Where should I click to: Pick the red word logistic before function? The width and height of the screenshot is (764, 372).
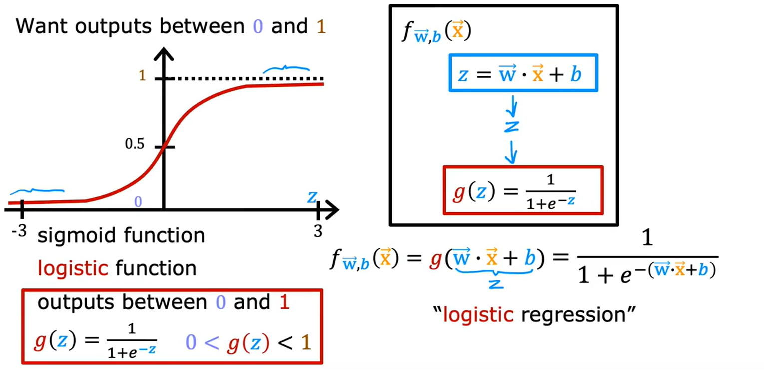[73, 269]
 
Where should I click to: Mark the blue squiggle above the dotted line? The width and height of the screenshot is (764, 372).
[286, 69]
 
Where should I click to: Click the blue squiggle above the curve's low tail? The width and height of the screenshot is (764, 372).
[37, 191]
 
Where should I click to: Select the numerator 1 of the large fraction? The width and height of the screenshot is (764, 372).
[647, 239]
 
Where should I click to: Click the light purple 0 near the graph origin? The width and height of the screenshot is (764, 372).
[139, 202]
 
